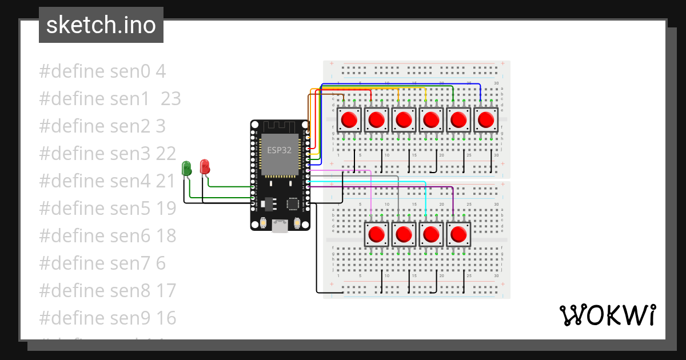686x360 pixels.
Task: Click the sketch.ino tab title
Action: (x=101, y=25)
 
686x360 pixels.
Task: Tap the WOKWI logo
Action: (x=607, y=315)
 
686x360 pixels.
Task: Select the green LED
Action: (x=186, y=168)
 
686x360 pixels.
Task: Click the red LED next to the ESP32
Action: (x=205, y=167)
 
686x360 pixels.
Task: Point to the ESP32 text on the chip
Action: (x=278, y=151)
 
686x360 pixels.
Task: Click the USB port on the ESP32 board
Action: (x=280, y=226)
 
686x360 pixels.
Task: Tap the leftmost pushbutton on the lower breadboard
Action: (x=376, y=234)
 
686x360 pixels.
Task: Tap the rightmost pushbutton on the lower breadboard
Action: (x=458, y=234)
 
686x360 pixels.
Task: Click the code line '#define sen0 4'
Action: (x=102, y=71)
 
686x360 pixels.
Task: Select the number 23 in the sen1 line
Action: (x=170, y=99)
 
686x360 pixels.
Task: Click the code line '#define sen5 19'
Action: (x=107, y=209)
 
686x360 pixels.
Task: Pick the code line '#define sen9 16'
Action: (x=107, y=318)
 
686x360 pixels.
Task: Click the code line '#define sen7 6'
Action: (x=102, y=263)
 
